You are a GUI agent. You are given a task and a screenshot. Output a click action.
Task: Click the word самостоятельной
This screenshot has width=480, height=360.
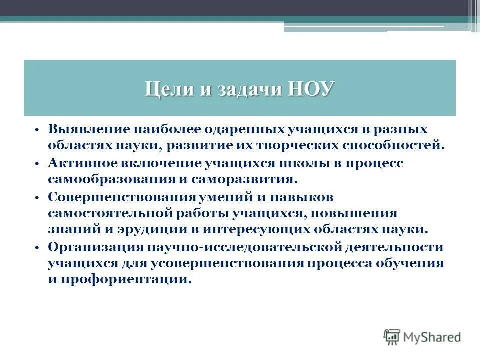[110, 213]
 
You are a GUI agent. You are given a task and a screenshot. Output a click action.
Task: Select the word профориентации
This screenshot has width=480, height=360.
[134, 280]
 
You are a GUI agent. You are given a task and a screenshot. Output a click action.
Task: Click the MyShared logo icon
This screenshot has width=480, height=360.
[392, 337]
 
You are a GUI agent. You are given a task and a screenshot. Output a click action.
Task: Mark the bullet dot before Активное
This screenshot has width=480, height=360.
[38, 164]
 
